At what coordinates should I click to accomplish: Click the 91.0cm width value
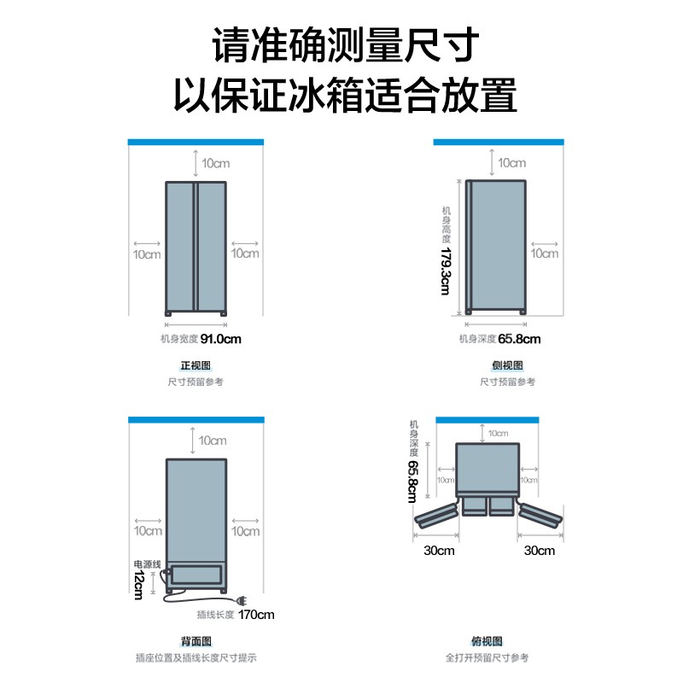[221, 339]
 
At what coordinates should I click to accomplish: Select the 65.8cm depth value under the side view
[520, 339]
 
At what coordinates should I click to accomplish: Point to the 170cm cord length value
[257, 615]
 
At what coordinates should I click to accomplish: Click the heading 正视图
[196, 365]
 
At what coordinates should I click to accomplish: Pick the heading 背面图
[196, 641]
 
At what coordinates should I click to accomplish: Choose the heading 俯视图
[487, 641]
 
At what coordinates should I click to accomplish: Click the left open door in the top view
[437, 513]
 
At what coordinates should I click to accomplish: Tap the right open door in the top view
[540, 513]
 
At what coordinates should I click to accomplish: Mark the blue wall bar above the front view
[196, 141]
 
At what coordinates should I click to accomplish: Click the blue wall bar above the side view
[499, 141]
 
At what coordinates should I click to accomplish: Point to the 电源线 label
[146, 564]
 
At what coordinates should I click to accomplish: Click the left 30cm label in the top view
[439, 551]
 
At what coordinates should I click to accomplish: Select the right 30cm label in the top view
[539, 551]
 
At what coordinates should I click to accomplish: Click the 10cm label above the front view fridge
[213, 162]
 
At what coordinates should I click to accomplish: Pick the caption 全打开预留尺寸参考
[487, 657]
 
